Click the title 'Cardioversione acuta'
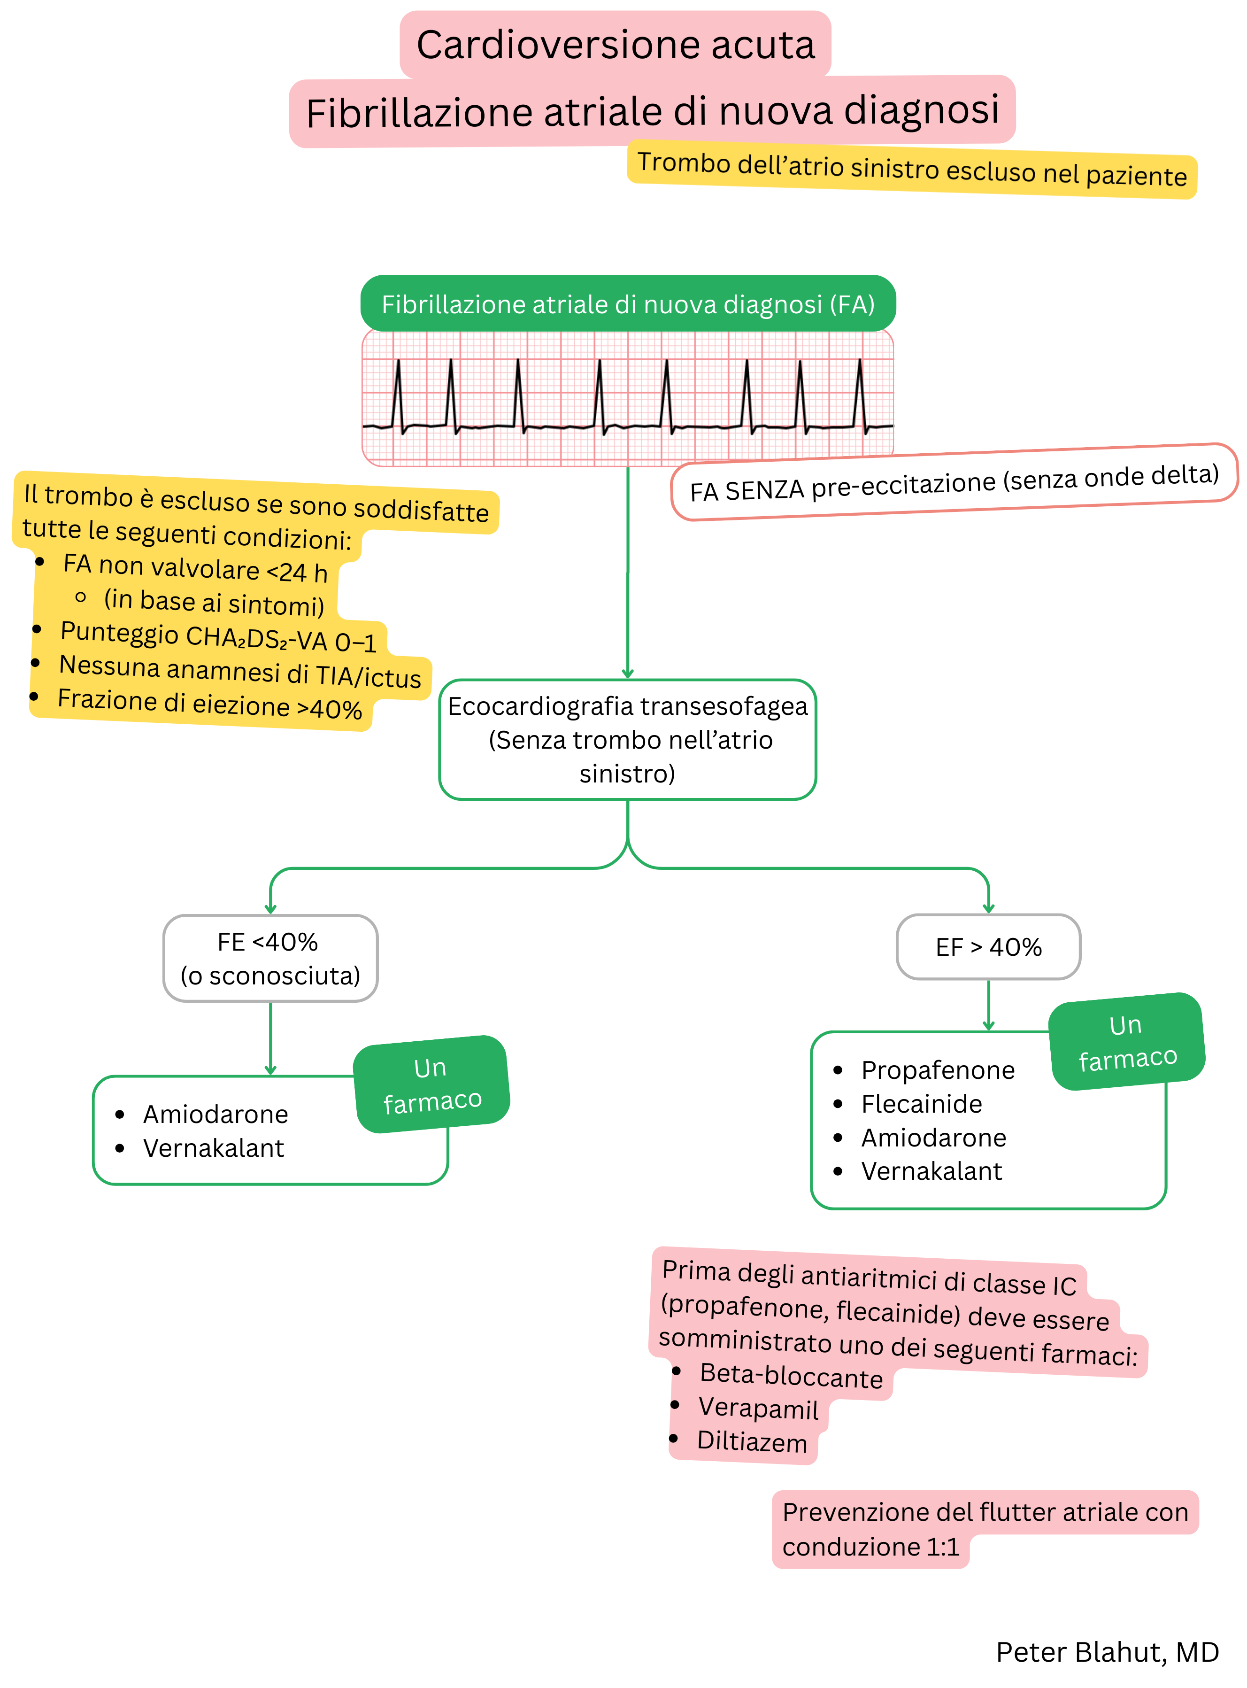coord(615,45)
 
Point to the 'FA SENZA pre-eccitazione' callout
coord(954,482)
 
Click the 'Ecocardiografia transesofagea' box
coord(627,739)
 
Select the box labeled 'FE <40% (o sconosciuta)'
coord(270,959)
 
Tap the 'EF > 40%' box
coord(988,947)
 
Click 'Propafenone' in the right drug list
coord(938,1070)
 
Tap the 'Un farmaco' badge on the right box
coord(1127,1042)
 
